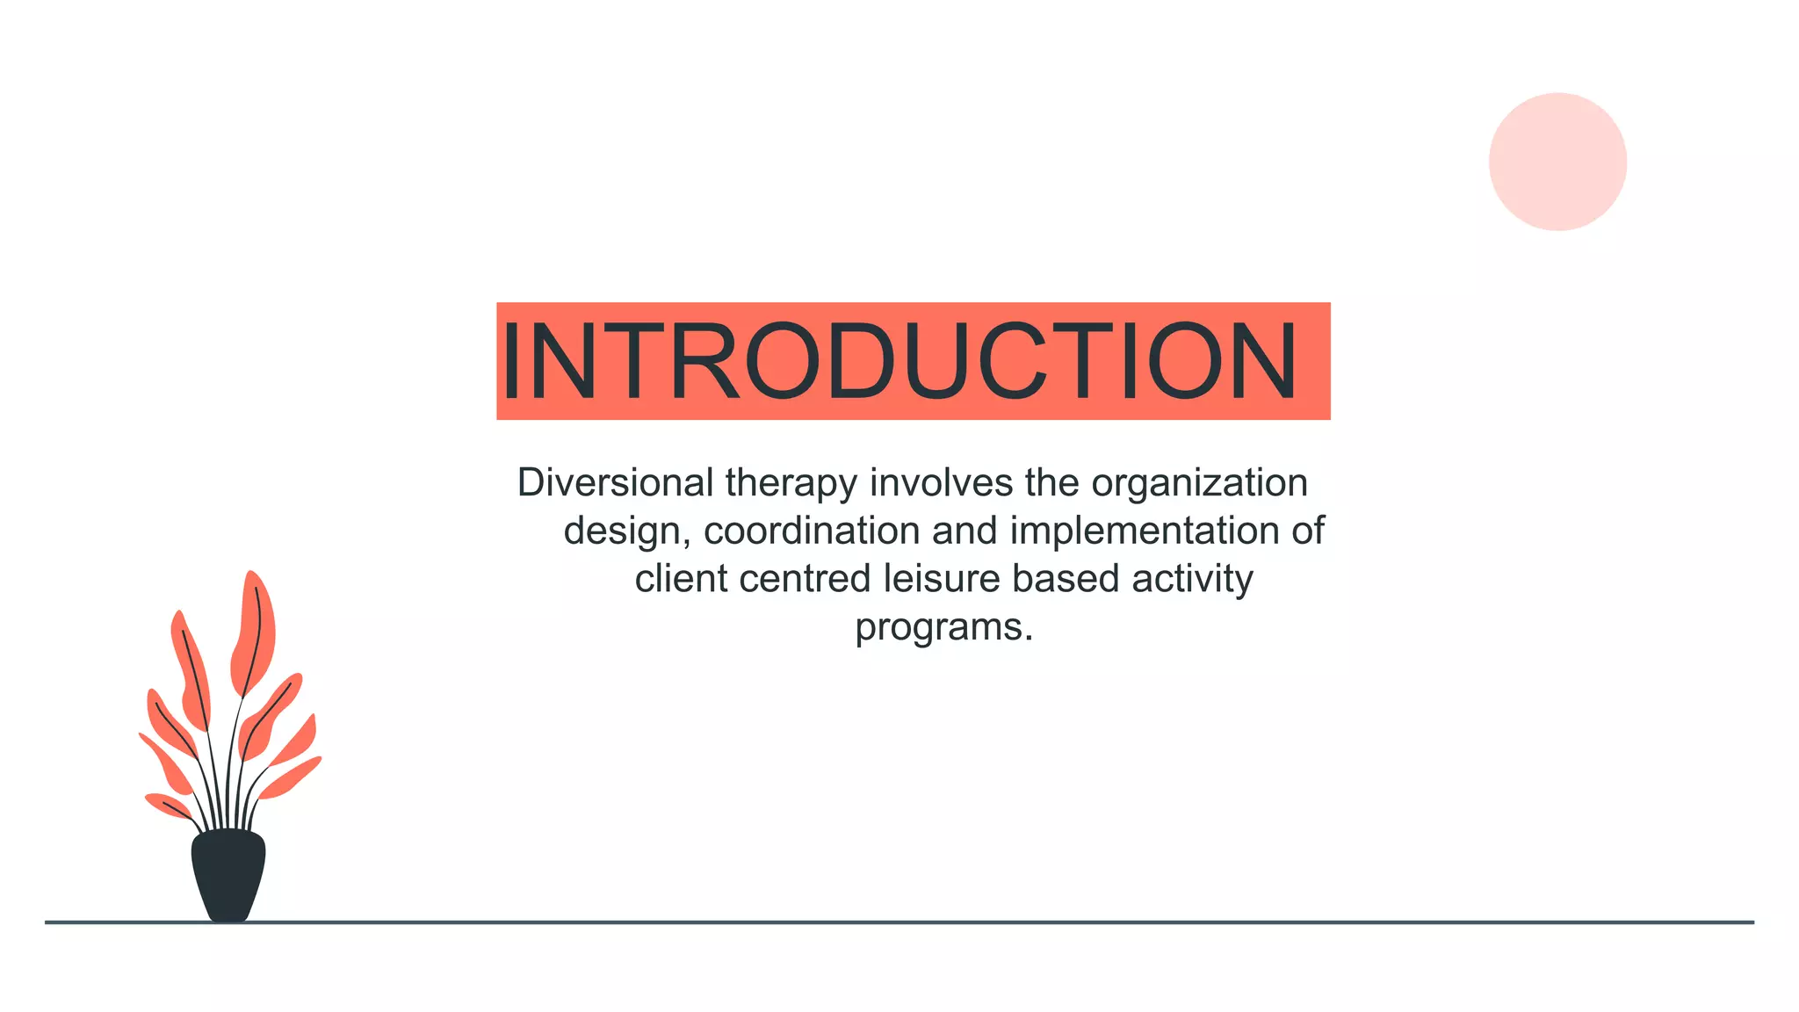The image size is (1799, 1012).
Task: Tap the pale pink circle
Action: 1557,162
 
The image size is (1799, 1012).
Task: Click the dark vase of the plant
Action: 228,875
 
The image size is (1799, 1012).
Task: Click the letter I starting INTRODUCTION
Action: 511,361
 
